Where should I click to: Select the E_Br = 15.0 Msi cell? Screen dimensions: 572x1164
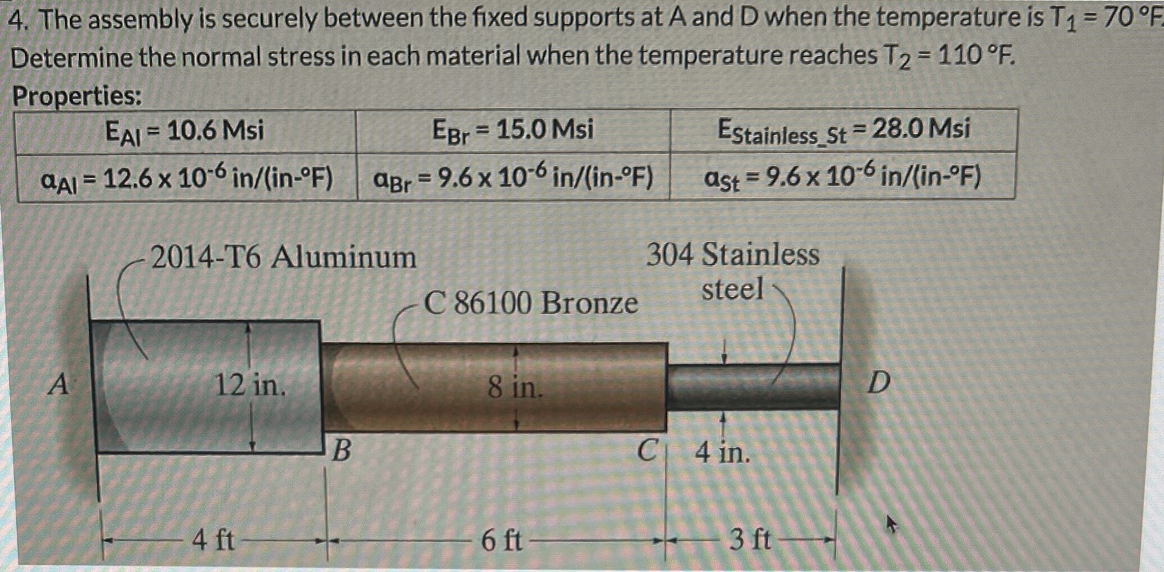pos(513,131)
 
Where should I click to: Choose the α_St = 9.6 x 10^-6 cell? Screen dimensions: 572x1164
pos(843,177)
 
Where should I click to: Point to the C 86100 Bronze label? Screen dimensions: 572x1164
pos(531,303)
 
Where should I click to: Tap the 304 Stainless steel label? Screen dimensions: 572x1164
pos(732,271)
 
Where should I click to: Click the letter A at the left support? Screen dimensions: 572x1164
pos(59,386)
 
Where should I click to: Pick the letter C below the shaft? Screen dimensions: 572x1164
pos(647,450)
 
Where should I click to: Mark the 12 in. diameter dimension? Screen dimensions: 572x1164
pos(250,386)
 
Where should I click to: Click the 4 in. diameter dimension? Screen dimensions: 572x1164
pos(722,452)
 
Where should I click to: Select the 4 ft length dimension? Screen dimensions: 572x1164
pos(213,541)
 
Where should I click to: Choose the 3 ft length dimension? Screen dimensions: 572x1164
pos(750,539)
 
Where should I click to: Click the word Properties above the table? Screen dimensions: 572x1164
pos(77,97)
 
